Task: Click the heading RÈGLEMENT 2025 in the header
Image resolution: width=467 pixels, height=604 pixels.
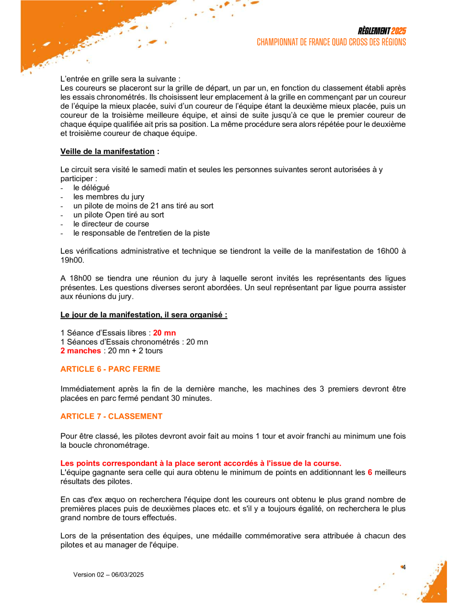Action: tap(381, 31)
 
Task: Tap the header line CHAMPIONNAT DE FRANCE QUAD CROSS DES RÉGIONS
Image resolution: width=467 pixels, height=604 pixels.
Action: tap(331, 42)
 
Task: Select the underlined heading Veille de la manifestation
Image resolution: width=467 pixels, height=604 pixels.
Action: tap(107, 151)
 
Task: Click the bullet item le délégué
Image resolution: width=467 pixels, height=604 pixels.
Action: tap(91, 188)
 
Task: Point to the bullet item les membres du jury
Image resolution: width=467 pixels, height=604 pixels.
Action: tap(109, 197)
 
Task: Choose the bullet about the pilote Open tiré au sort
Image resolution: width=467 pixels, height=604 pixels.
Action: tap(118, 215)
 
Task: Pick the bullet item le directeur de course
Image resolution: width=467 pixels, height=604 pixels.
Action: tap(111, 224)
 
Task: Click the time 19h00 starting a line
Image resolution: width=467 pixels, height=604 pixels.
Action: tap(72, 260)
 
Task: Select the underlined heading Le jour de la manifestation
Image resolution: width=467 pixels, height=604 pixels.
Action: tap(144, 315)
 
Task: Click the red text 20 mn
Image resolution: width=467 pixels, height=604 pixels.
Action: tap(164, 333)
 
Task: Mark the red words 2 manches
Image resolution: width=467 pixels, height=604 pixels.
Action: tap(81, 351)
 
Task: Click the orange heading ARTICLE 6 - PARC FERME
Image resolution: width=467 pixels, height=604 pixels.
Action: tap(110, 369)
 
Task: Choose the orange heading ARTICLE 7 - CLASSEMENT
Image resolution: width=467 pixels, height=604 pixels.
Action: tap(112, 416)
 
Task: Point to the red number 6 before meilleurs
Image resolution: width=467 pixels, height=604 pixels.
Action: tap(370, 473)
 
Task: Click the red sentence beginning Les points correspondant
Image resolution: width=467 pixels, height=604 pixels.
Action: tap(201, 463)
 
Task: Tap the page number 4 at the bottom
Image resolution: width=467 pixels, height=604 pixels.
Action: tap(404, 567)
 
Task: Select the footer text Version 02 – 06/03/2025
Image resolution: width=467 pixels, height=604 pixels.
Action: tap(108, 575)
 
